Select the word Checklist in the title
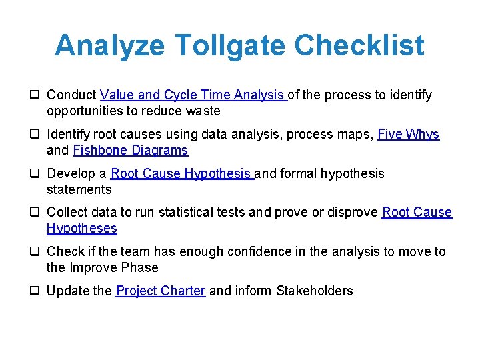(x=359, y=45)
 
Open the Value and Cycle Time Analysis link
(x=193, y=95)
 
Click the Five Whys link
(x=408, y=135)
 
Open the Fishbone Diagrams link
(x=131, y=151)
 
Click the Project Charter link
(x=161, y=291)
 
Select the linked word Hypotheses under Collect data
(x=82, y=229)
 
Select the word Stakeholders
(x=315, y=291)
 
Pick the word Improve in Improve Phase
(x=93, y=268)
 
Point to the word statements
(x=79, y=190)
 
